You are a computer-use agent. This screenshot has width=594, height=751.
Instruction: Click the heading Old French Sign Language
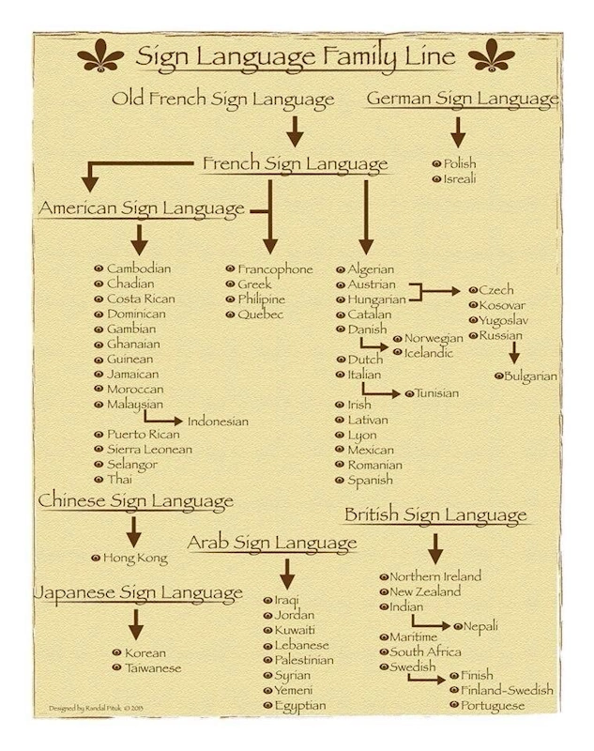[222, 100]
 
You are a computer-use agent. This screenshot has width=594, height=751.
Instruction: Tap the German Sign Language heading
[463, 99]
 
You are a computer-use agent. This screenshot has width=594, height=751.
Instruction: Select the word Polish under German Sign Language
[460, 163]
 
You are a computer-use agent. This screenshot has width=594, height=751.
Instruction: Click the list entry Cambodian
[139, 268]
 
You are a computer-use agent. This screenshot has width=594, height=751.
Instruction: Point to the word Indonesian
[218, 421]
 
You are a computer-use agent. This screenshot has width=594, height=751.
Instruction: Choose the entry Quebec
[260, 314]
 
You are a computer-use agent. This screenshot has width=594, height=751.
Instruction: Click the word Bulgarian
[530, 376]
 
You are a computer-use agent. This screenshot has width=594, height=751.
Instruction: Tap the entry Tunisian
[436, 393]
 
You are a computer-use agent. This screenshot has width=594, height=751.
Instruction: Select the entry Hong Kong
[135, 559]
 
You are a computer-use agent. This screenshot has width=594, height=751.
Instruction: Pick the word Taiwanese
[153, 667]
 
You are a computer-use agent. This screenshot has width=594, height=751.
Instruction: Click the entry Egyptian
[300, 706]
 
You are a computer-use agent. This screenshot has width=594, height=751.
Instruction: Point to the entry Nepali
[480, 626]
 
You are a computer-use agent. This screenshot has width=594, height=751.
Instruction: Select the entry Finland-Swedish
[507, 690]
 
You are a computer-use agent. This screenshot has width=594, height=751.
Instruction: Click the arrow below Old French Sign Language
[295, 131]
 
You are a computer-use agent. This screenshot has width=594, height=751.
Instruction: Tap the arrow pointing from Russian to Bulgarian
[514, 353]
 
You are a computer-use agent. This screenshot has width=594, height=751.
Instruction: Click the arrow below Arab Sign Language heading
[287, 574]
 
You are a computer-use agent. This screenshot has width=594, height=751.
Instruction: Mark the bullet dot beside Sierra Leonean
[99, 450]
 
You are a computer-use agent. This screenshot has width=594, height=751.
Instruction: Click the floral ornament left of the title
[100, 55]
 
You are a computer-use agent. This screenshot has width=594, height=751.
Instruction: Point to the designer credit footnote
[96, 708]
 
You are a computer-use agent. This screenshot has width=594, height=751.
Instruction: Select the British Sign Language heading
[435, 515]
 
